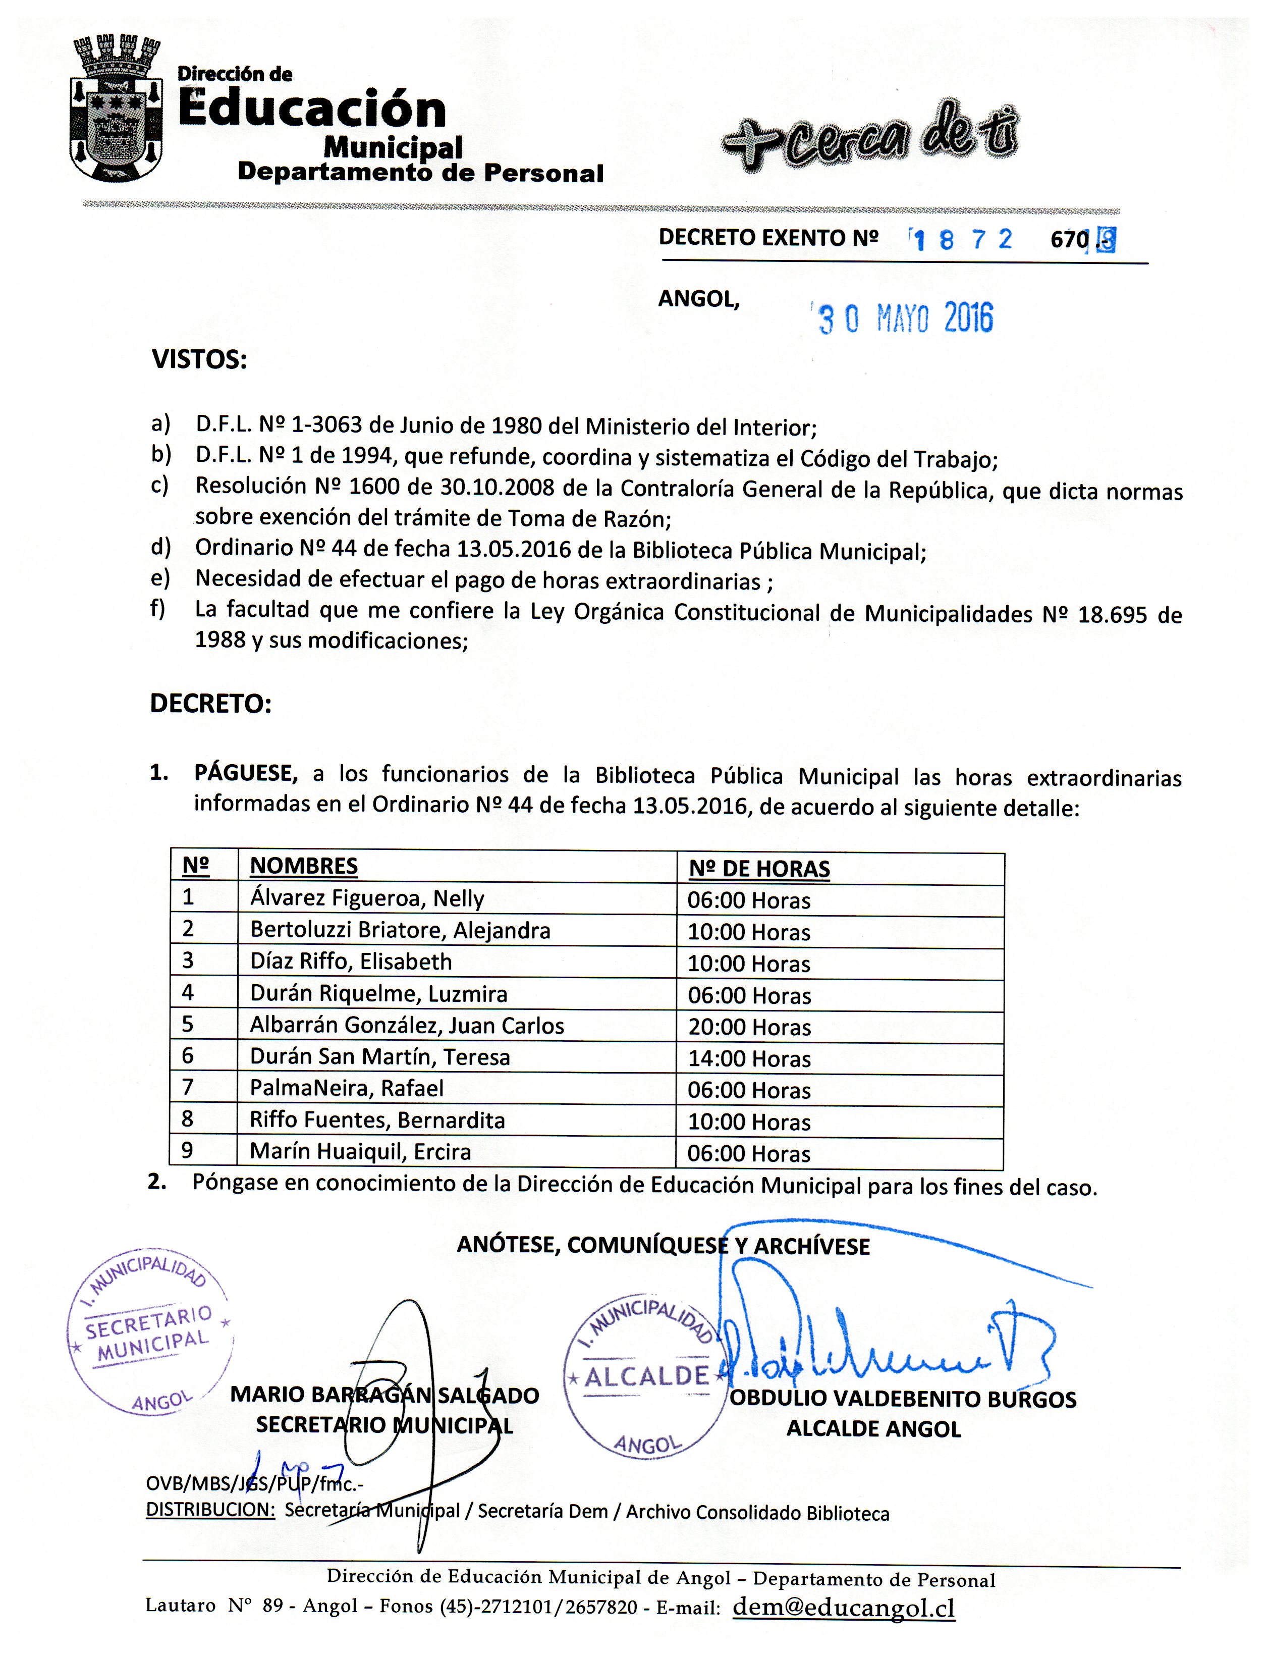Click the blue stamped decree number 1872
click(x=962, y=240)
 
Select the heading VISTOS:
click(x=200, y=360)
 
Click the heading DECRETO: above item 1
click(x=210, y=704)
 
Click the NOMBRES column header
click(x=304, y=866)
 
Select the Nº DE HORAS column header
click(x=759, y=869)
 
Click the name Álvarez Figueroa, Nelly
click(x=367, y=898)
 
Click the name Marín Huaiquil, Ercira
click(x=360, y=1152)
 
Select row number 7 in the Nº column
click(x=188, y=1088)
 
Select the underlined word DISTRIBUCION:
click(x=210, y=1510)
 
